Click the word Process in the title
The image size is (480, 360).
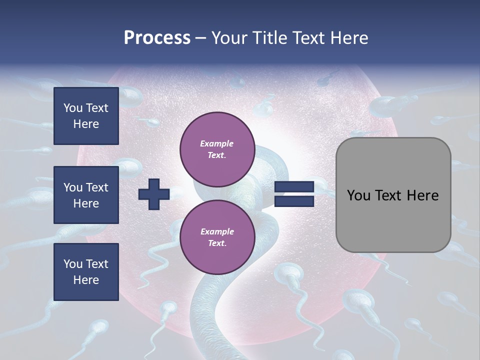pos(157,38)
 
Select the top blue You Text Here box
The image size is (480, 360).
pos(86,116)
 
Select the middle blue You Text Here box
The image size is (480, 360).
pos(86,195)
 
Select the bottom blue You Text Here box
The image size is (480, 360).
pos(86,272)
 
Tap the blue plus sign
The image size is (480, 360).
pos(154,194)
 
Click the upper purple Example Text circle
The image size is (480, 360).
pos(217,149)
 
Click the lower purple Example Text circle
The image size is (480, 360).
pos(217,237)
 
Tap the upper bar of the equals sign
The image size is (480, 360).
pos(294,187)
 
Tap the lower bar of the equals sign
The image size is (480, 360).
pos(294,201)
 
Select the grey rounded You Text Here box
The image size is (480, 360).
pos(393,195)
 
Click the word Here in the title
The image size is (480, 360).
pos(349,38)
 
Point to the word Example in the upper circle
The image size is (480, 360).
pos(217,143)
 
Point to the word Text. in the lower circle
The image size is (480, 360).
pos(217,243)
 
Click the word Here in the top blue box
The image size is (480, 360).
pos(86,124)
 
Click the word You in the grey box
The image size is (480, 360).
pos(358,195)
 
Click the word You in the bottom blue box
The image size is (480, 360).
pos(73,264)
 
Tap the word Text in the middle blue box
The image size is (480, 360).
pos(96,187)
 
